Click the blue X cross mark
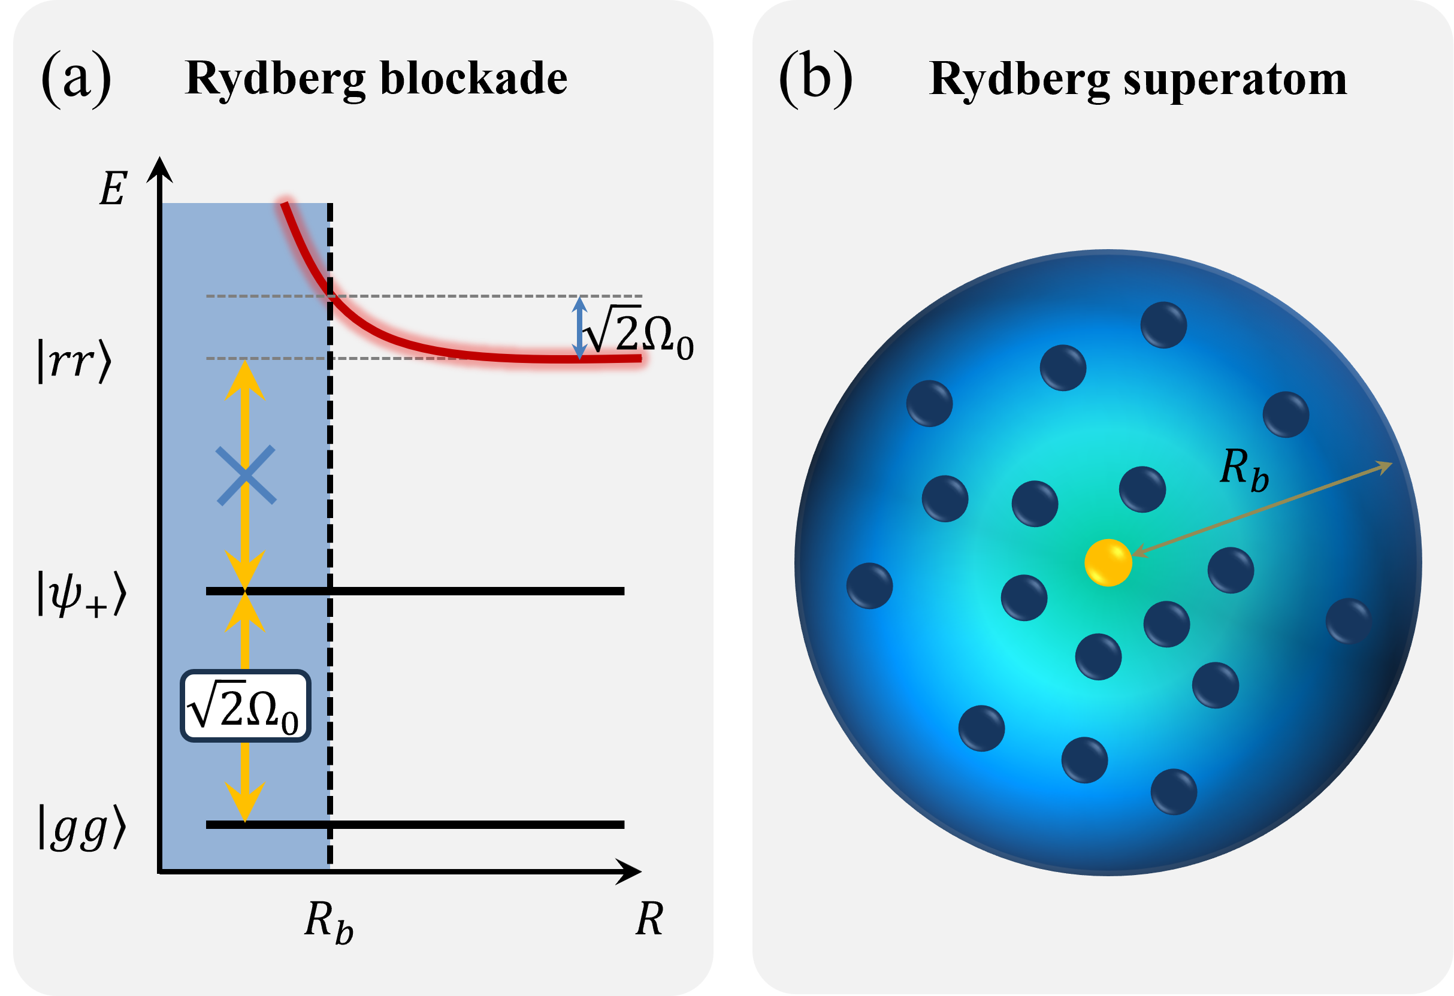pos(246,475)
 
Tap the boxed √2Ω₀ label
pos(245,706)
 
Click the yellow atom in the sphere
pos(1108,562)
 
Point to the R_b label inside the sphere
pos(1244,469)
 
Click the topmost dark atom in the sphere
pos(1163,325)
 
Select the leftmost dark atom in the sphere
pos(870,586)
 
